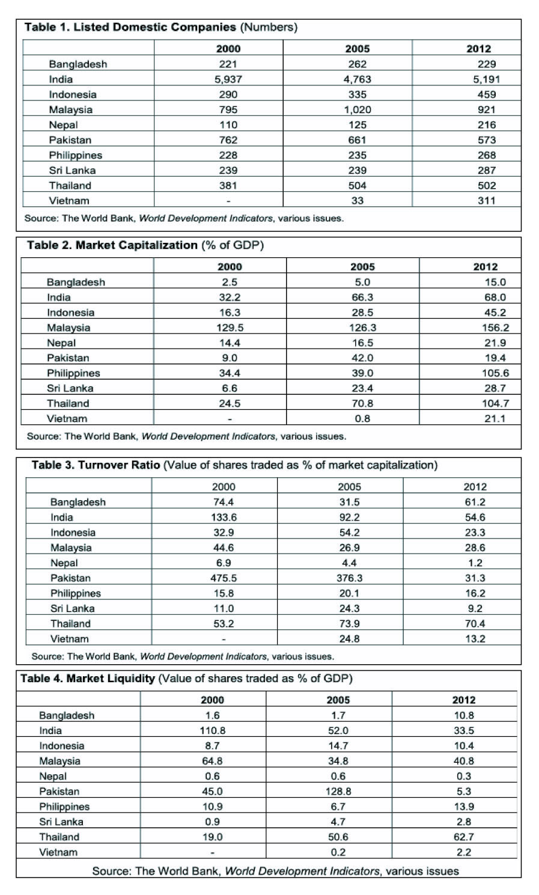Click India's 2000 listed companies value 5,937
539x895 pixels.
[x=228, y=79]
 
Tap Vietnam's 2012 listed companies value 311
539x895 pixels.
[x=486, y=201]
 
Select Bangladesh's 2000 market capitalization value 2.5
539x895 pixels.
[x=229, y=283]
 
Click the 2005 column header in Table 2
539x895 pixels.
[x=362, y=267]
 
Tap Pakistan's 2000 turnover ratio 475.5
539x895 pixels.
[x=224, y=578]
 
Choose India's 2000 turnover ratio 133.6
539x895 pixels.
[x=224, y=518]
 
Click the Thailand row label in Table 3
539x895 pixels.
[x=70, y=624]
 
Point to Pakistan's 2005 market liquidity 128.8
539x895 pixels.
[x=338, y=792]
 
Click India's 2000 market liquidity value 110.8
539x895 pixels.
[x=212, y=731]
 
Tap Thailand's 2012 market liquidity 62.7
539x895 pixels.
[x=463, y=837]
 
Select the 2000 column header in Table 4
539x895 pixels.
[x=212, y=700]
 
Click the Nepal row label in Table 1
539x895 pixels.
[x=63, y=125]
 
